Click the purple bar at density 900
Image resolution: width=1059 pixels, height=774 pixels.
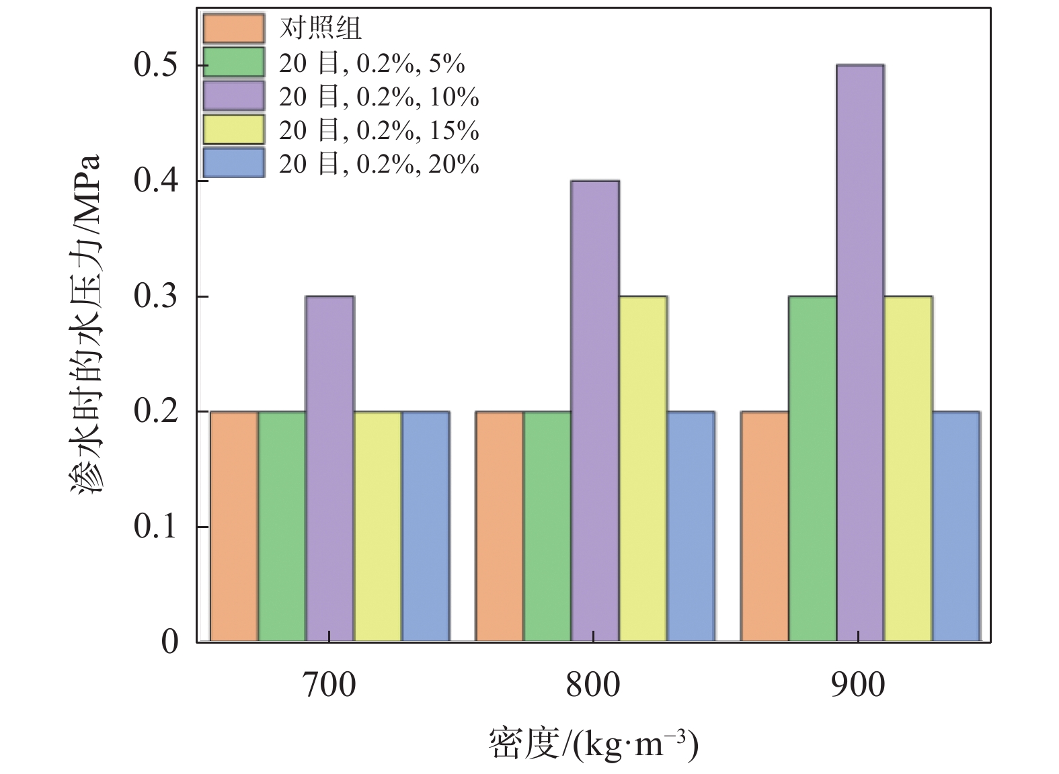860,353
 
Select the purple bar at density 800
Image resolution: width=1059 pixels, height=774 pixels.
595,411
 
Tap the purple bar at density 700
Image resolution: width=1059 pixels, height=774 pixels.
329,468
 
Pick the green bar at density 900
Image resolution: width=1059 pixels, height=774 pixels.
812,468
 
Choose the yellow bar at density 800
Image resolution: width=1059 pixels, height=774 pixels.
643,468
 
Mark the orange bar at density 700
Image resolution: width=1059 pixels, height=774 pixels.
234,526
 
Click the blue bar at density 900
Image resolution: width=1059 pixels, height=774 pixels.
956,526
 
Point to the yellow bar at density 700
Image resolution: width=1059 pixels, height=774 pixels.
378,526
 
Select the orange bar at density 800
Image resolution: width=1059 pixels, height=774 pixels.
499,526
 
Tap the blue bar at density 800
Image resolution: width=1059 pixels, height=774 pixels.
691,526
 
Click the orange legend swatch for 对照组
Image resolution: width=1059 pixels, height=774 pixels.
233,28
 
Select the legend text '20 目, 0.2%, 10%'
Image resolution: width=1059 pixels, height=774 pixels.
379,97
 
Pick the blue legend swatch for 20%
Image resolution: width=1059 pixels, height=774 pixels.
233,163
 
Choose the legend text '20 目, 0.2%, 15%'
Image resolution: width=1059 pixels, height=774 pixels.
379,130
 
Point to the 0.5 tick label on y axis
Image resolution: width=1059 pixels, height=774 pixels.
156,65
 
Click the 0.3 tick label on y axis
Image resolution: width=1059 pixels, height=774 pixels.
156,296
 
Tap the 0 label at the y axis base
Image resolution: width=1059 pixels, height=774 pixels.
170,642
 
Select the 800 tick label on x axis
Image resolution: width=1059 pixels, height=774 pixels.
593,685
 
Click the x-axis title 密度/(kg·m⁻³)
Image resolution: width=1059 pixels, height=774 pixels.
593,744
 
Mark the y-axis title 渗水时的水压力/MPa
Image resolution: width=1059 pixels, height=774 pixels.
86,326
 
